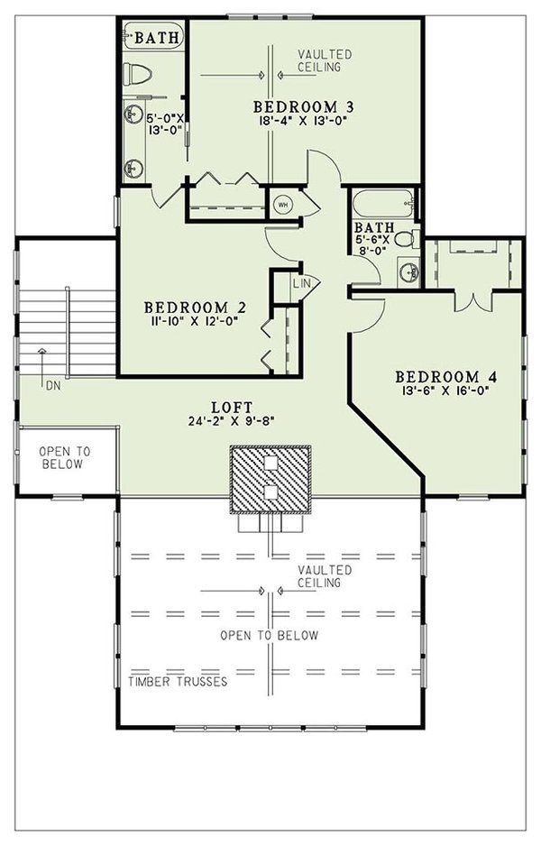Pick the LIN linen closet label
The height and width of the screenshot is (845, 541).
(300, 283)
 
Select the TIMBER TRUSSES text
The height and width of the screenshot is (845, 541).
(177, 682)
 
